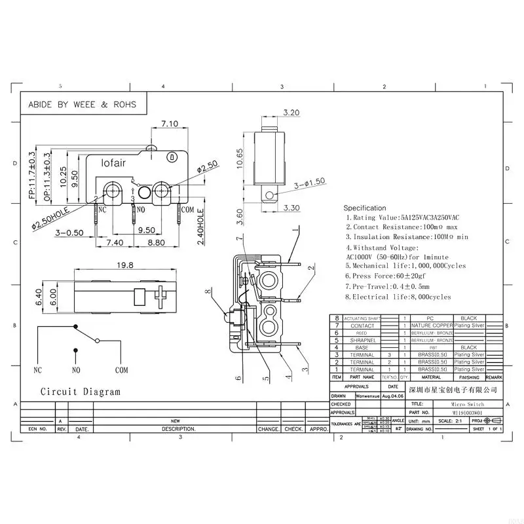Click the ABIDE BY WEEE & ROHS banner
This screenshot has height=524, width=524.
point(82,104)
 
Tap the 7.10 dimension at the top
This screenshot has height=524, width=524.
point(170,124)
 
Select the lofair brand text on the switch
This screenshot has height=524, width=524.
point(113,162)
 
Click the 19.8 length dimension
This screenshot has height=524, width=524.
point(126,265)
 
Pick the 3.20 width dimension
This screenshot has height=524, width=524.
point(273,112)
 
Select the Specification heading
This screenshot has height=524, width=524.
point(365,208)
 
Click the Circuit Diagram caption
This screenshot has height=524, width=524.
point(81,392)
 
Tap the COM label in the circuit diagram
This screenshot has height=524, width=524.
point(122,370)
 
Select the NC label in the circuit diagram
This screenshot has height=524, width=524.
point(37,370)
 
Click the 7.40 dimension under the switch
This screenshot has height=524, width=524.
point(115,242)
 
